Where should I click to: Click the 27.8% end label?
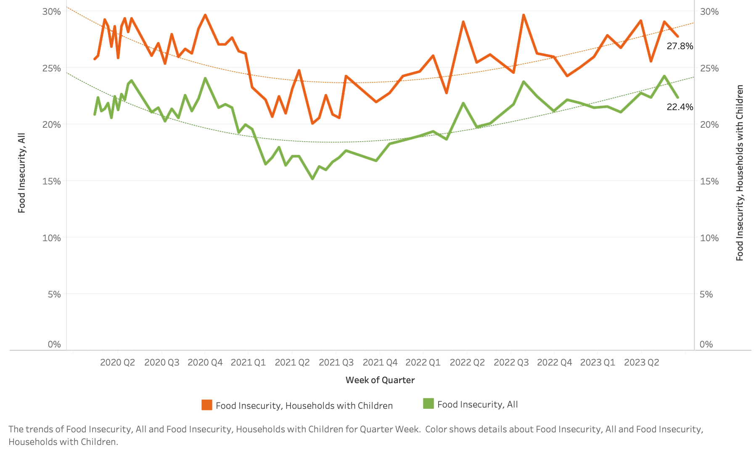[680, 46]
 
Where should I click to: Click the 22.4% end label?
[680, 107]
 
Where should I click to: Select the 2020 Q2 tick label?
[117, 363]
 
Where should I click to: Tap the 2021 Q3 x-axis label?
[336, 363]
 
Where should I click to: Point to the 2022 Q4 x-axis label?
[554, 363]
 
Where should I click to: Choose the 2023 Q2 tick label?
[641, 363]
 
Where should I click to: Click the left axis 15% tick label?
[51, 181]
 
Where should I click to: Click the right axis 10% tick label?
[709, 238]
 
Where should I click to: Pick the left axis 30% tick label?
[51, 12]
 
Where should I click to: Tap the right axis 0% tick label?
[706, 345]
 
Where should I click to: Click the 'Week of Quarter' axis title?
[380, 380]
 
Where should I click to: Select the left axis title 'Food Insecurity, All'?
[22, 173]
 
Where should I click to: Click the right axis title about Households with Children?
[740, 173]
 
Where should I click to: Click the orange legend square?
[207, 405]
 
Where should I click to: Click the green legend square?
[428, 404]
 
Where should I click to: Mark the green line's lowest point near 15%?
[312, 179]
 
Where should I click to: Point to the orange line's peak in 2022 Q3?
[524, 15]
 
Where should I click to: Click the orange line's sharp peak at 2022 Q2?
[463, 21]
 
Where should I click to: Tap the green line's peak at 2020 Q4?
[205, 78]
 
